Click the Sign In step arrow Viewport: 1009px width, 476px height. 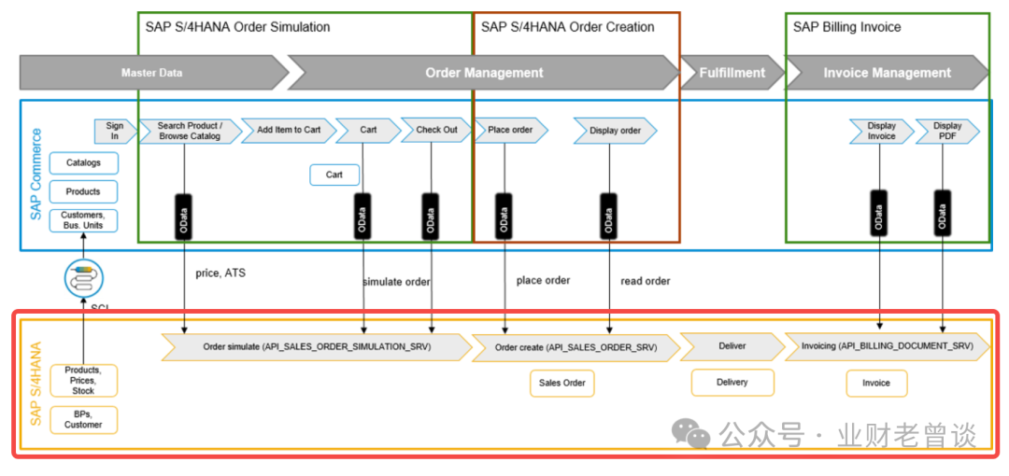pos(113,131)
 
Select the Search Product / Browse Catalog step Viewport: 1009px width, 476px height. pos(189,131)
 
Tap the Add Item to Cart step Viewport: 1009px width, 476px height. pos(288,130)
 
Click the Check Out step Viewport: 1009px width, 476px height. pos(436,130)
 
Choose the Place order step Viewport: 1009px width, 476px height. pos(510,130)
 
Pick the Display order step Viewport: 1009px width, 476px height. pos(615,131)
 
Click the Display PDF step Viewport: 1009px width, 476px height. pos(946,131)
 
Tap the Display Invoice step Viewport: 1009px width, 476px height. pos(881,131)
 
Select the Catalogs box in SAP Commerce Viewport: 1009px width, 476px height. pos(83,163)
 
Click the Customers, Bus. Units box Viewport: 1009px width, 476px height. pos(83,220)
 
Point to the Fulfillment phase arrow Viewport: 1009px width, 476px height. pos(732,72)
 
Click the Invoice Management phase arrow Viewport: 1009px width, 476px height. pos(887,72)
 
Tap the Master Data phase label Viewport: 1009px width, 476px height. pos(152,72)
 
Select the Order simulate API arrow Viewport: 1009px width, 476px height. pos(317,346)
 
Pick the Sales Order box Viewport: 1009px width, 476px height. pos(562,383)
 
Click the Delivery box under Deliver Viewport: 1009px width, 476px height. pos(732,382)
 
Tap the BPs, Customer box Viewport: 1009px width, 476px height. pos(83,419)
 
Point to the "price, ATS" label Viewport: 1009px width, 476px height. pos(220,273)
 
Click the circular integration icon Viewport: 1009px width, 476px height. pos(83,277)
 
